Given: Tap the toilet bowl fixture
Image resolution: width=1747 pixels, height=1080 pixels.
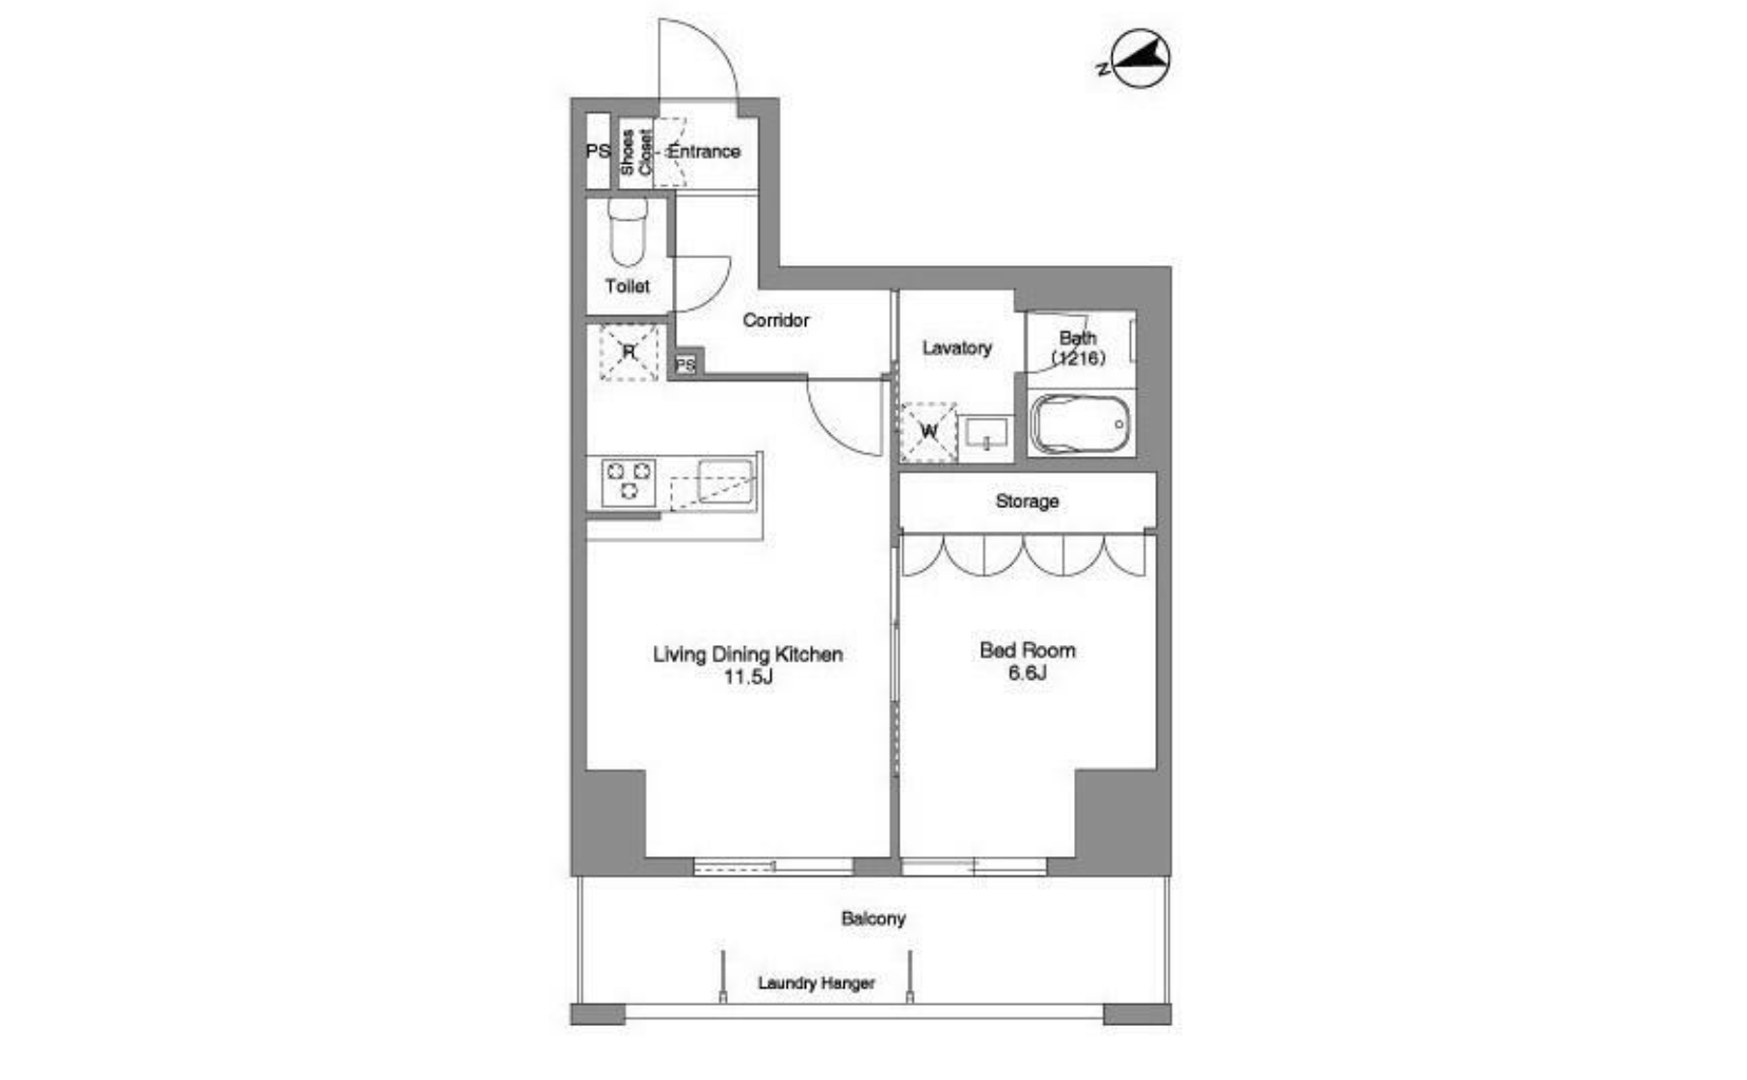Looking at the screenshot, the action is pyautogui.click(x=628, y=232).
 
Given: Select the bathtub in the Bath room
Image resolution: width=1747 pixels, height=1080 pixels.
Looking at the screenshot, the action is pyautogui.click(x=1079, y=424).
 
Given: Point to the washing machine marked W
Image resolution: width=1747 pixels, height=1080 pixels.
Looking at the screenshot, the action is pyautogui.click(x=928, y=431).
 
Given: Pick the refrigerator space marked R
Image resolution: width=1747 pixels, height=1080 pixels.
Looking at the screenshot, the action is pyautogui.click(x=629, y=352).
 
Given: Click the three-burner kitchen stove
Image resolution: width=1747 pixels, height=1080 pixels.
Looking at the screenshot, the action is pyautogui.click(x=629, y=482).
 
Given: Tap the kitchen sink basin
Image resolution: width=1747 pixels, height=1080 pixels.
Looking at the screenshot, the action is pyautogui.click(x=725, y=480).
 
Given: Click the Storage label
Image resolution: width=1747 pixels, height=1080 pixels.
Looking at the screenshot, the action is pyautogui.click(x=1027, y=501).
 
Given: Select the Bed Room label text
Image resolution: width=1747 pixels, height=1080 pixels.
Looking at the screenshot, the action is pyautogui.click(x=1027, y=650).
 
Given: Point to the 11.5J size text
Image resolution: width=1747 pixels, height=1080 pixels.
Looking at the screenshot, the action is pyautogui.click(x=748, y=677).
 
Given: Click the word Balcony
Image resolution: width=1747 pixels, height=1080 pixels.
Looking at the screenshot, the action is pyautogui.click(x=873, y=918).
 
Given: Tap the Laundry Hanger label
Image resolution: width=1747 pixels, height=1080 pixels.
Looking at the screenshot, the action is pyautogui.click(x=817, y=983).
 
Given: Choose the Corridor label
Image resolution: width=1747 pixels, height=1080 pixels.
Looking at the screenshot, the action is pyautogui.click(x=776, y=320).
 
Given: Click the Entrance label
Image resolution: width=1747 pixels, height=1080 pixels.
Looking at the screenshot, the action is pyautogui.click(x=704, y=151).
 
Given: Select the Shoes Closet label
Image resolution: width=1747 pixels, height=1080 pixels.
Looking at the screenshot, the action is pyautogui.click(x=635, y=152).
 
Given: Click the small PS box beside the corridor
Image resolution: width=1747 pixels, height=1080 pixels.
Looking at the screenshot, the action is pyautogui.click(x=685, y=365).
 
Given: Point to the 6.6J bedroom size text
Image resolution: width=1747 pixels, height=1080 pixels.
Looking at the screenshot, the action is pyautogui.click(x=1028, y=673).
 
